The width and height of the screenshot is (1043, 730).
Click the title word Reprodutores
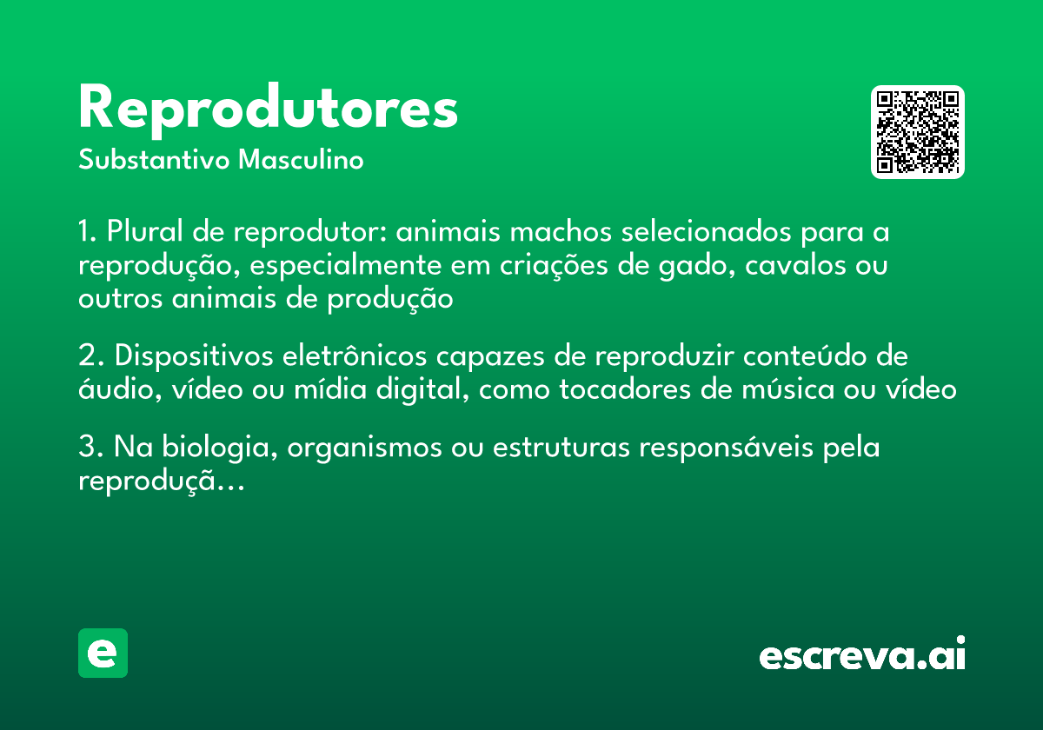(x=268, y=109)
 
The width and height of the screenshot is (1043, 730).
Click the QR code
(x=917, y=132)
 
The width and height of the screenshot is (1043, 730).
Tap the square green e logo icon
(x=103, y=653)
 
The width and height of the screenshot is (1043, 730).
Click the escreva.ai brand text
(x=862, y=654)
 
